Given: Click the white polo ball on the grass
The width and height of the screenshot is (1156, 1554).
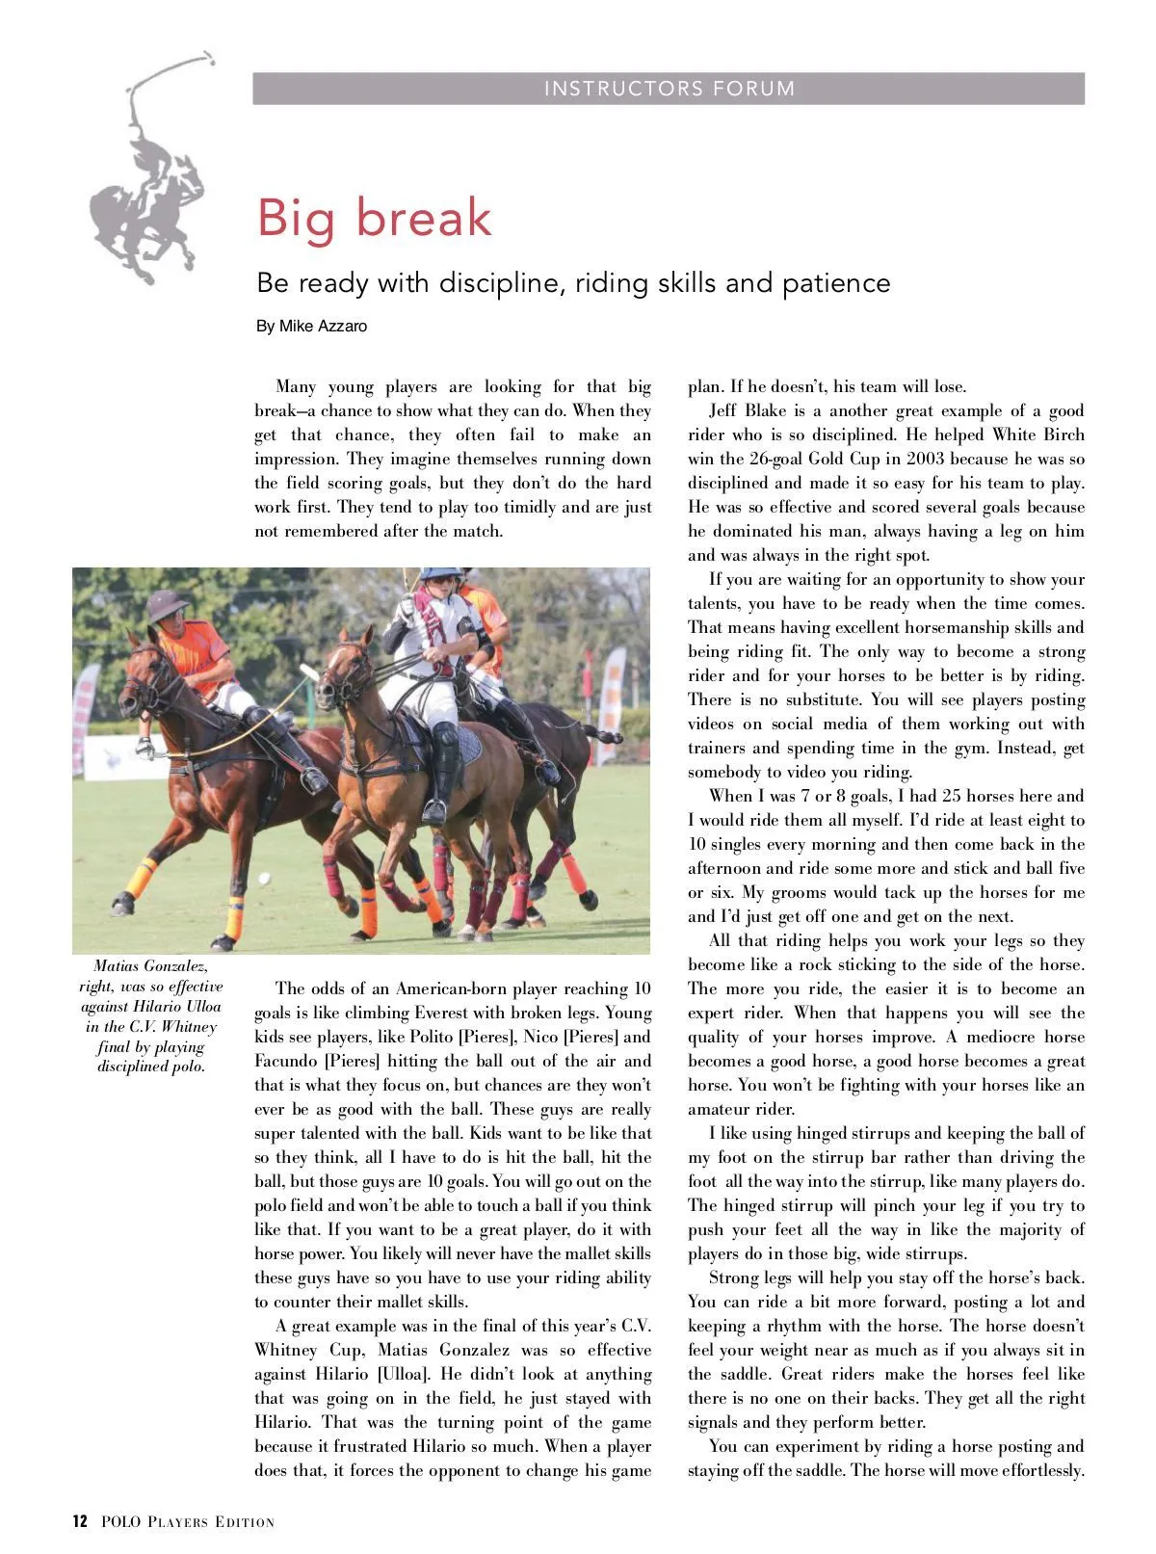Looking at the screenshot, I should click(x=264, y=878).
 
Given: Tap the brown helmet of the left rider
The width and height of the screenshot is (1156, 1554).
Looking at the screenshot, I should click(x=168, y=604).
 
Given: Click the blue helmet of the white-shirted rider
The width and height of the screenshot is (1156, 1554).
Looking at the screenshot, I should click(x=439, y=574).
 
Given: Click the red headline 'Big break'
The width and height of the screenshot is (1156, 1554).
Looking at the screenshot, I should click(x=374, y=217).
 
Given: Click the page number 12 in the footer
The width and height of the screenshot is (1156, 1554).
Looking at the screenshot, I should click(x=80, y=1522).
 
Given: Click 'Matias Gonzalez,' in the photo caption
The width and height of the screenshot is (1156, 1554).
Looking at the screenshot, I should click(x=151, y=965).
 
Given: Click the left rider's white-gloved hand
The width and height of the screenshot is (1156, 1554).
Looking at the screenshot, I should click(x=145, y=747).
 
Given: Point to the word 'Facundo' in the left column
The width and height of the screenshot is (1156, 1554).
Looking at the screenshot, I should click(x=286, y=1061).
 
